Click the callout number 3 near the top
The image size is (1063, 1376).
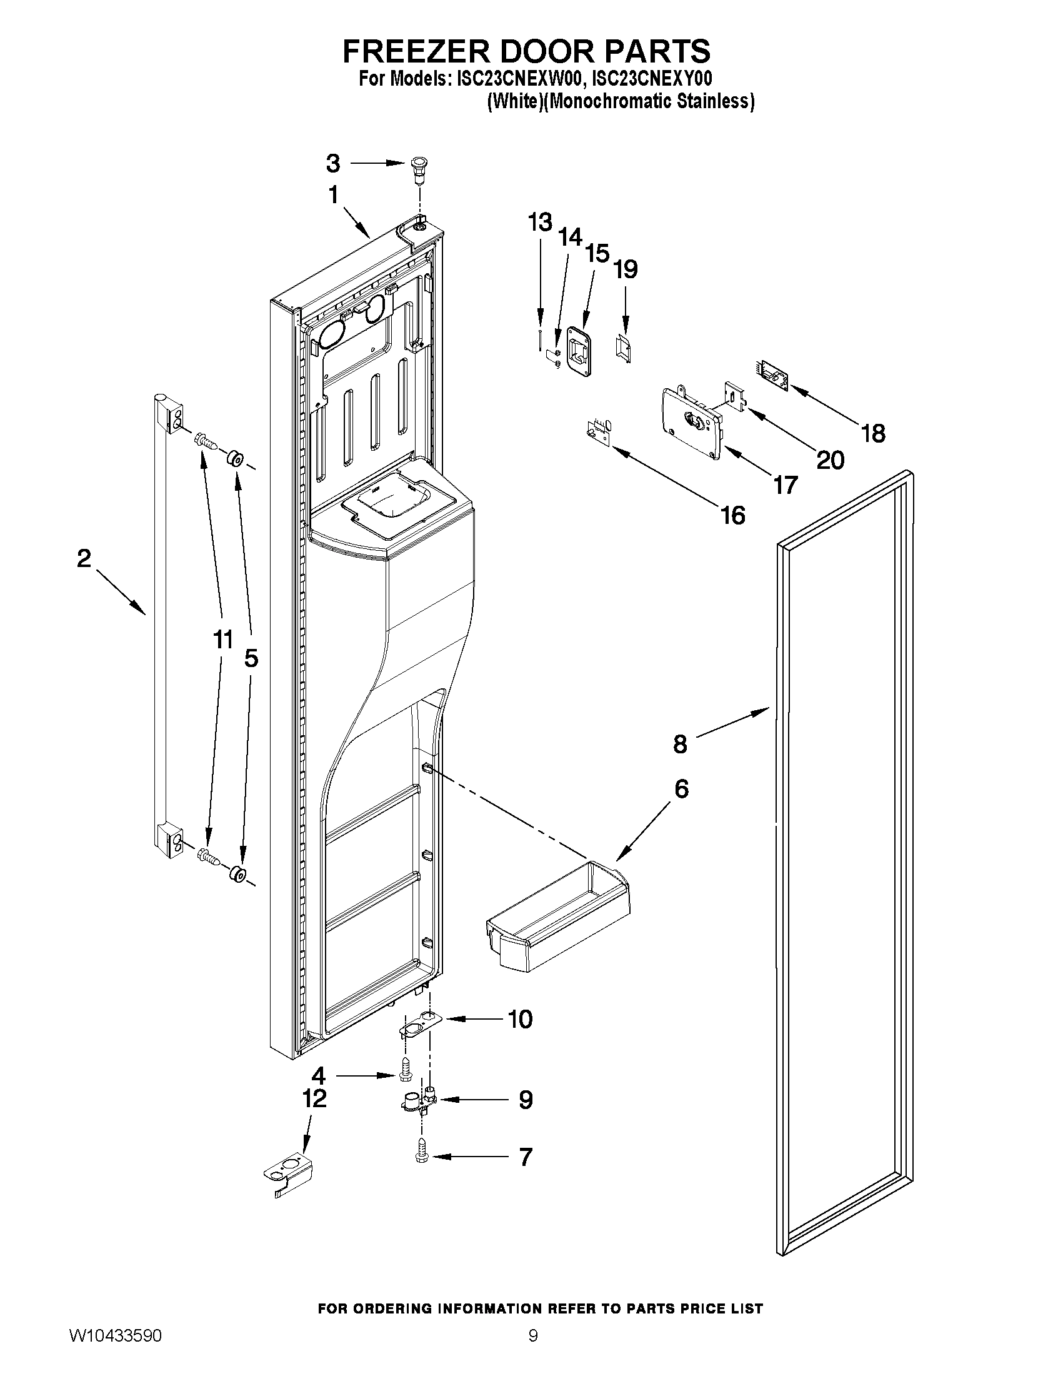[x=333, y=164]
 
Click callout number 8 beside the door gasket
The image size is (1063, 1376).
[x=680, y=744]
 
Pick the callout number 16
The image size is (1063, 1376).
[x=733, y=515]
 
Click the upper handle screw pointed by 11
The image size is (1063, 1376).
[x=206, y=441]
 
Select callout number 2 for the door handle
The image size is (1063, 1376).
[x=84, y=559]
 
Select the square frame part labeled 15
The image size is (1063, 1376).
[x=578, y=346]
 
